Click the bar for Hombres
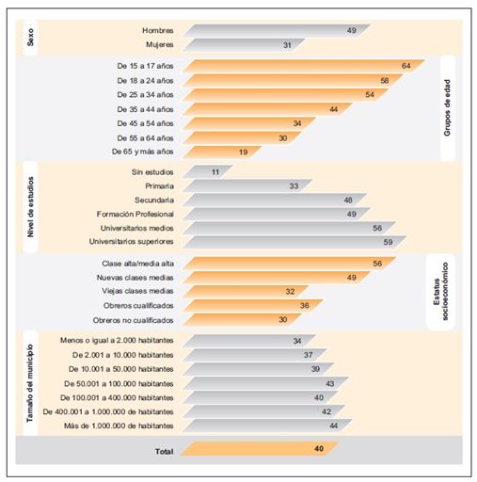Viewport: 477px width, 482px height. coord(277,30)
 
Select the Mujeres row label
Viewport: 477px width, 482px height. coord(159,44)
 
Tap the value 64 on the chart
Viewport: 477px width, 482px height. coord(405,66)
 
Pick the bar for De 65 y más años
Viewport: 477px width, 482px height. coord(222,152)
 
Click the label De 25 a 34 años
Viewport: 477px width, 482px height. coord(145,94)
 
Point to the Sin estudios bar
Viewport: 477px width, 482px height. coord(208,171)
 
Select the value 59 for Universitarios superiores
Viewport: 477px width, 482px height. coord(388,242)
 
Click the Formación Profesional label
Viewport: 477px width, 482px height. coord(135,214)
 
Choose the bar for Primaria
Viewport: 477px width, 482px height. coord(247,185)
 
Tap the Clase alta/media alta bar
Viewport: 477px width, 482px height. coord(290,264)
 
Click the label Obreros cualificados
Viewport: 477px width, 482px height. coord(138,305)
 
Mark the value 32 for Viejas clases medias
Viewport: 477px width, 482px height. coord(290,292)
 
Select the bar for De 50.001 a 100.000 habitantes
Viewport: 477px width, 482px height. coord(265,383)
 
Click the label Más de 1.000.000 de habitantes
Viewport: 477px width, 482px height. coord(119,426)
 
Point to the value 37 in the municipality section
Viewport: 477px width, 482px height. coord(308,355)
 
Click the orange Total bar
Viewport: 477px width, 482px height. coord(260,448)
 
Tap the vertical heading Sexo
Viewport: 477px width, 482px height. coord(30,38)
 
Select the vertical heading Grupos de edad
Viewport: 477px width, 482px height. coord(447,107)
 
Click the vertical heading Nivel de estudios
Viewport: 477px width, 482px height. coord(30,207)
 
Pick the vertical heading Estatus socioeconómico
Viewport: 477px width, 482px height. coord(440,291)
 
